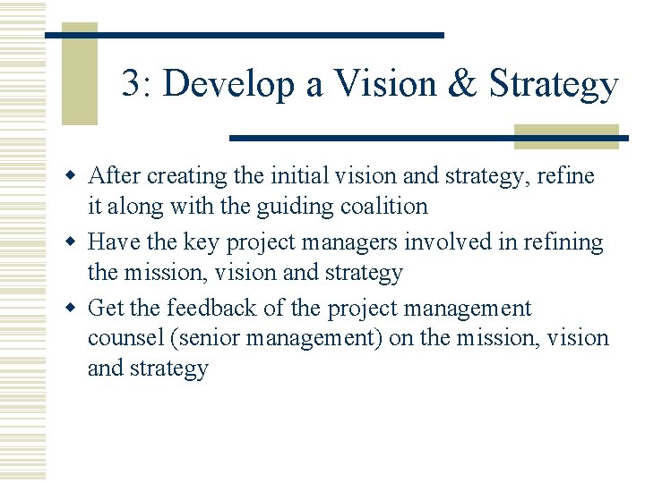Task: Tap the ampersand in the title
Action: [464, 84]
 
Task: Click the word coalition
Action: [383, 207]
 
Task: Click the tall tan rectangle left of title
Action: [79, 75]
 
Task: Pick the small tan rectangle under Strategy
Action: [566, 137]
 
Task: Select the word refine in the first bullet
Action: [566, 176]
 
